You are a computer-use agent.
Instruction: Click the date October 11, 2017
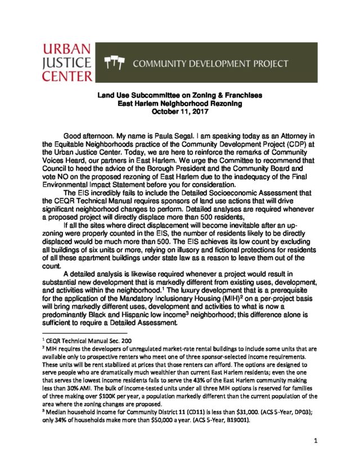click(x=179, y=111)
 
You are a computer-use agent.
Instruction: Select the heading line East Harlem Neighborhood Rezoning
click(x=179, y=104)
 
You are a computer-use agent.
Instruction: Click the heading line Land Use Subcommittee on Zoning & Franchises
click(x=179, y=96)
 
